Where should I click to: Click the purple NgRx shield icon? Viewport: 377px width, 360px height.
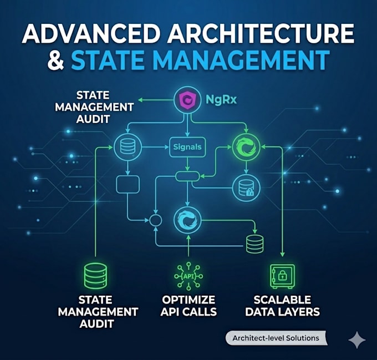pyautogui.click(x=187, y=99)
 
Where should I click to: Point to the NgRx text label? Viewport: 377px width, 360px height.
pyautogui.click(x=221, y=99)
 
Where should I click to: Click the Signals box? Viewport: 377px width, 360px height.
pyautogui.click(x=187, y=147)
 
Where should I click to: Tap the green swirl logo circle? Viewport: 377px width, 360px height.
pyautogui.click(x=246, y=147)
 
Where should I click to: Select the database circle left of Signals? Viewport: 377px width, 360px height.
pyautogui.click(x=128, y=147)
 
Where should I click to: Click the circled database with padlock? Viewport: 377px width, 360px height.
pyautogui.click(x=246, y=188)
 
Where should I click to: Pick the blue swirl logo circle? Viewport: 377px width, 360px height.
pyautogui.click(x=187, y=220)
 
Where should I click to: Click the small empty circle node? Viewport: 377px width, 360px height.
pyautogui.click(x=156, y=220)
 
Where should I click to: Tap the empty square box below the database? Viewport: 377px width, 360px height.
pyautogui.click(x=128, y=185)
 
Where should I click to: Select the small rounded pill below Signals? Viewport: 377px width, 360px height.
pyautogui.click(x=187, y=176)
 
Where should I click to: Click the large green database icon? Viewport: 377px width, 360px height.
pyautogui.click(x=96, y=276)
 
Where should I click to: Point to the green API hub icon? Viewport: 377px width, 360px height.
pyautogui.click(x=188, y=276)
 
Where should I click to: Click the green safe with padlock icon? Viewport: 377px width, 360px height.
pyautogui.click(x=283, y=276)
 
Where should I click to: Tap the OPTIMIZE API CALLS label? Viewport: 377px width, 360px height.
pyautogui.click(x=188, y=306)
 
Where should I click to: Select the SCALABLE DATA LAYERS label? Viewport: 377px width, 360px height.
pyautogui.click(x=282, y=306)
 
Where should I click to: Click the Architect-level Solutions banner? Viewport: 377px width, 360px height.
pyautogui.click(x=276, y=338)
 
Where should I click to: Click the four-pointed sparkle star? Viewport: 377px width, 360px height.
pyautogui.click(x=357, y=340)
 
